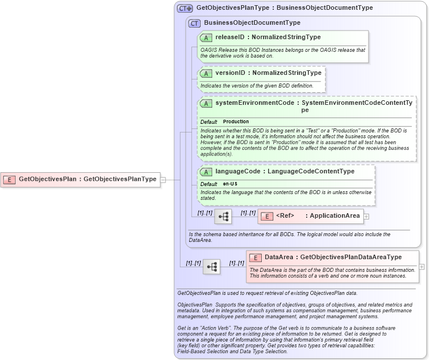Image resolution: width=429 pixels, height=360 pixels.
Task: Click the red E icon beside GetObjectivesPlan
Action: [x=10, y=179]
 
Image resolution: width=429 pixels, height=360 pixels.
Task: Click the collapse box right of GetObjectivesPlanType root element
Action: [x=163, y=179]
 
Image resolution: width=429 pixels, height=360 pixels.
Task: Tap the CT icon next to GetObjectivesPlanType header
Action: [x=185, y=8]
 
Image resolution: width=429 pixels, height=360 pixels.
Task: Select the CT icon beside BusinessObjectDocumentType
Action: [x=194, y=23]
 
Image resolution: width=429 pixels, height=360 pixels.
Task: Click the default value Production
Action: [x=236, y=122]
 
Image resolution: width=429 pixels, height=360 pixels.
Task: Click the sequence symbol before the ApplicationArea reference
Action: [x=223, y=217]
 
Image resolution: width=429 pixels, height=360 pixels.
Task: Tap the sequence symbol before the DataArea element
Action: [x=212, y=267]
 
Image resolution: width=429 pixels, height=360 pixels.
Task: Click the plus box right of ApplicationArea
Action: [x=367, y=217]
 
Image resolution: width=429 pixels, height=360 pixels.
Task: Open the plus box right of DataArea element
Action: [x=423, y=267]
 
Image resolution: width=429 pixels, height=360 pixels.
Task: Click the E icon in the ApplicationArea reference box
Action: [x=267, y=217]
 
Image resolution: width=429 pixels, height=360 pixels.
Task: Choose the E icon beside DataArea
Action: [x=255, y=257]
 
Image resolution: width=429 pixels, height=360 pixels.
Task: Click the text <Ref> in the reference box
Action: [x=285, y=216]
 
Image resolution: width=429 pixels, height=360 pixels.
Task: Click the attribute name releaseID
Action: [x=229, y=37]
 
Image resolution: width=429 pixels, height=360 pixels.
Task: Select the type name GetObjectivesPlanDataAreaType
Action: [x=351, y=257]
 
